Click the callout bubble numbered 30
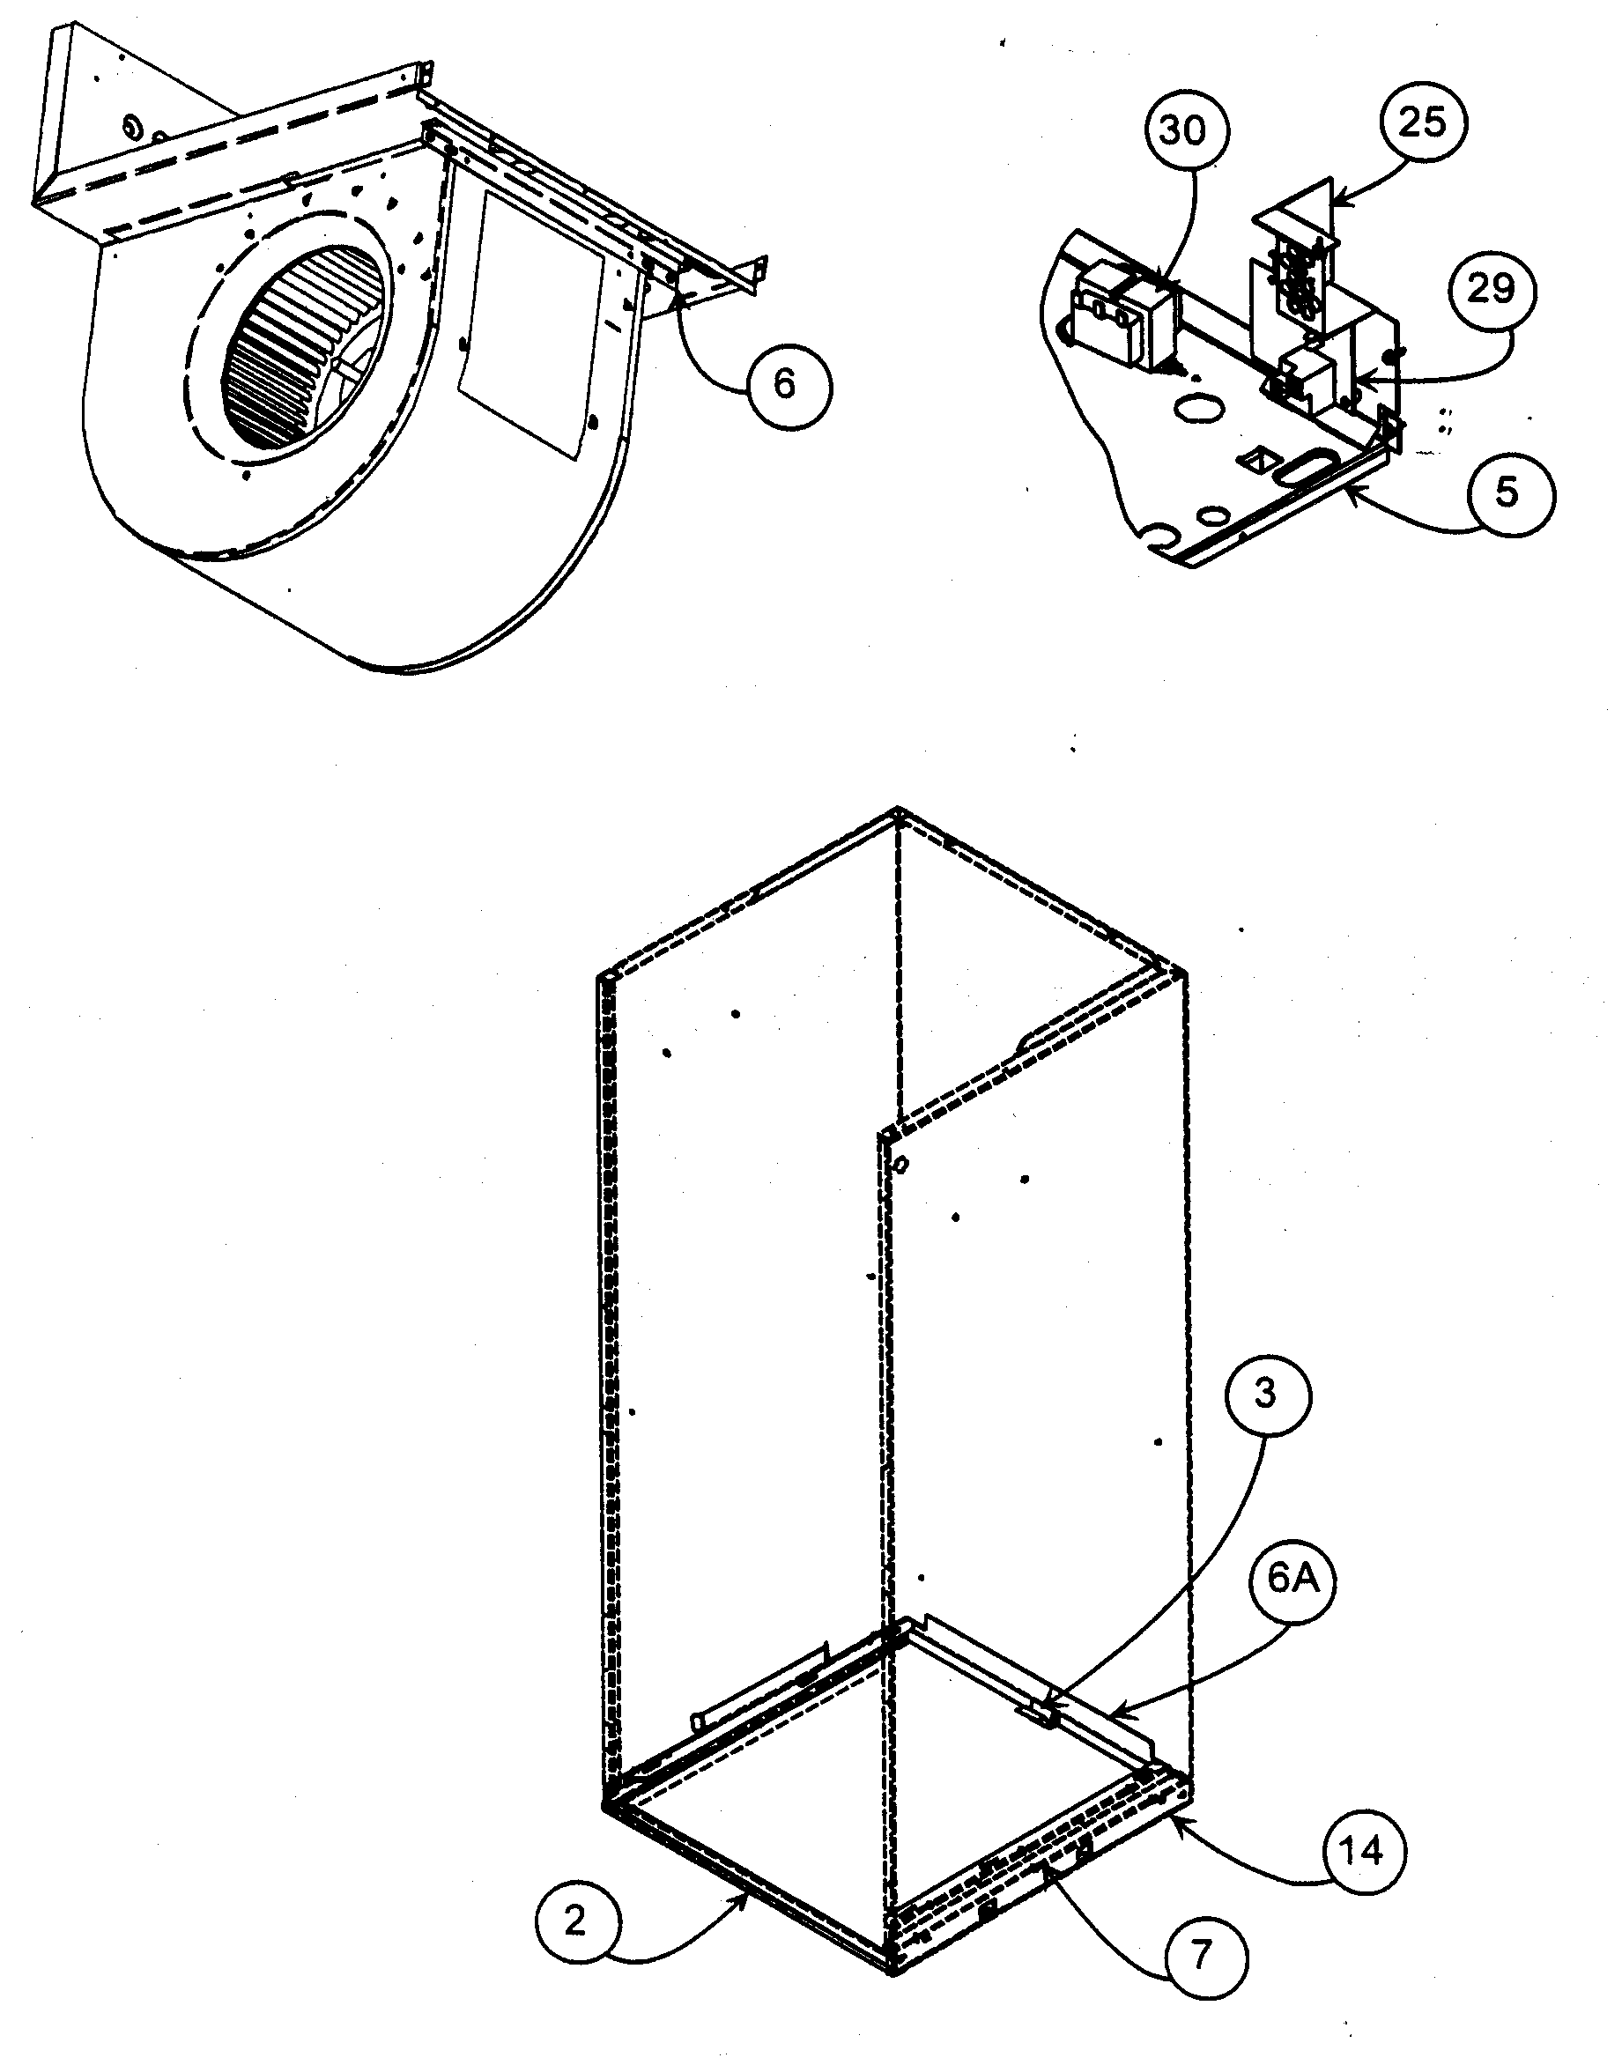point(1183,130)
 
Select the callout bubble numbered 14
point(1364,1852)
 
